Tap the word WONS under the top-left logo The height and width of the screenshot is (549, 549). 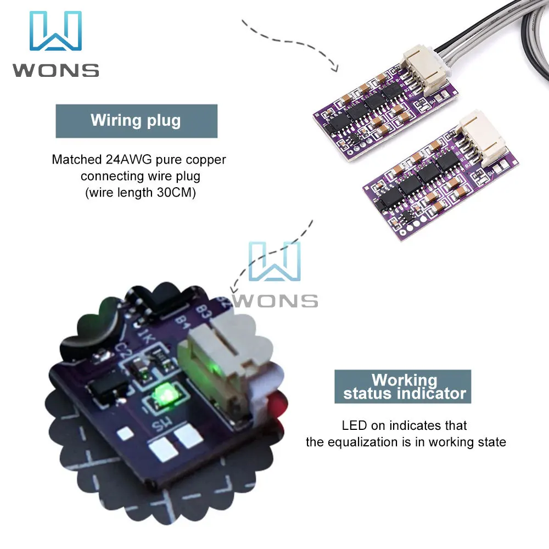pyautogui.click(x=56, y=70)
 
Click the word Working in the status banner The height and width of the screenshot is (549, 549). pyautogui.click(x=405, y=380)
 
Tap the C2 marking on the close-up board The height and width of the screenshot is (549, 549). pyautogui.click(x=122, y=351)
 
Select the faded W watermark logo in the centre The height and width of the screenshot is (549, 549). pyautogui.click(x=274, y=261)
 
